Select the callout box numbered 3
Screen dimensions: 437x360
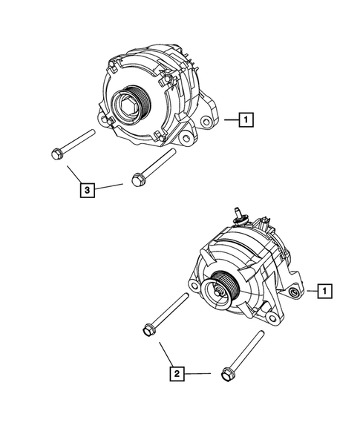coord(88,191)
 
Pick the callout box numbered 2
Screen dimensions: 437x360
coord(176,375)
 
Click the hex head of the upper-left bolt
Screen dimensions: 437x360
coord(55,154)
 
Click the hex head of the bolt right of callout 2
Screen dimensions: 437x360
coord(227,376)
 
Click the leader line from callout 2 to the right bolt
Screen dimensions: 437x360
coord(200,375)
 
